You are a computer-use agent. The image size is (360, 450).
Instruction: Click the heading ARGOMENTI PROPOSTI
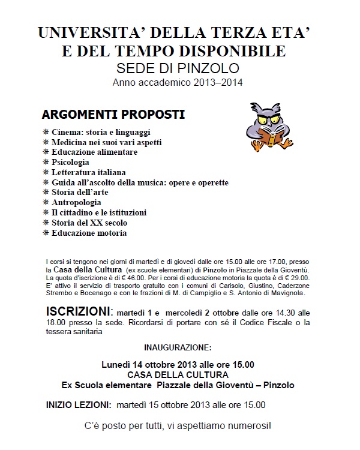(113, 113)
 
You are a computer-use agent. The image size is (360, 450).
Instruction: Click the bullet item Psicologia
(70, 162)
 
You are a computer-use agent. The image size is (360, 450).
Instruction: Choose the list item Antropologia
(76, 202)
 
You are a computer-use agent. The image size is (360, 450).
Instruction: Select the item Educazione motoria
(89, 233)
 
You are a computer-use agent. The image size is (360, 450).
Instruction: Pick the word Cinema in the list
(65, 131)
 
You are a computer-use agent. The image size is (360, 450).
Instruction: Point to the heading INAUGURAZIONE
(178, 347)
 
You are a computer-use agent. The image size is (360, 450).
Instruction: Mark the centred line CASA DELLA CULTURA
(178, 374)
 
